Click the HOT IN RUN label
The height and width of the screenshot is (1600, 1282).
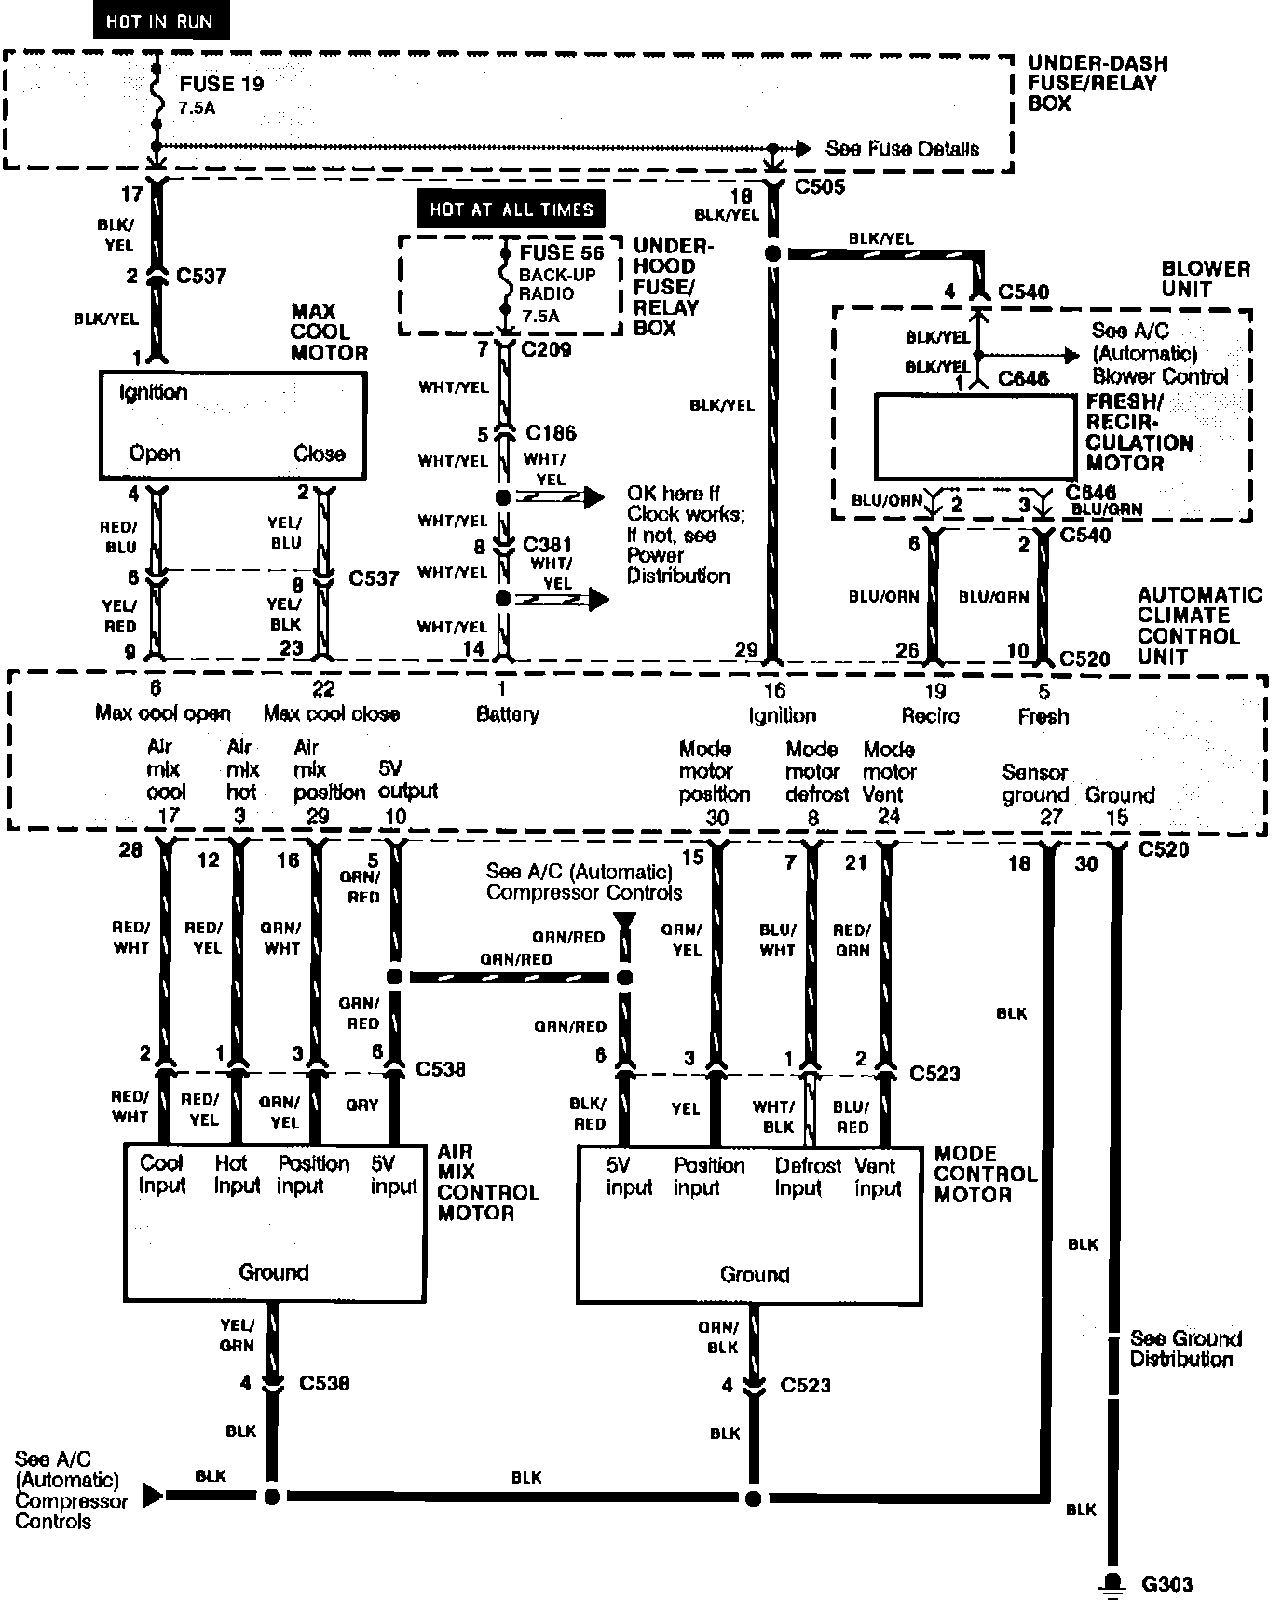point(159,21)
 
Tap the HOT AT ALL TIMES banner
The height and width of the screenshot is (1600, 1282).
point(511,210)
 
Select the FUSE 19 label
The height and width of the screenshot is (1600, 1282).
point(222,84)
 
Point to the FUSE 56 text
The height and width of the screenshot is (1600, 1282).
point(562,252)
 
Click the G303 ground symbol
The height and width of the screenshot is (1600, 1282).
point(1111,1582)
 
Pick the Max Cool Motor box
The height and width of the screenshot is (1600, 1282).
point(232,425)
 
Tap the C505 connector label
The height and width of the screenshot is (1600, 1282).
point(820,187)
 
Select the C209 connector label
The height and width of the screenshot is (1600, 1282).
point(547,350)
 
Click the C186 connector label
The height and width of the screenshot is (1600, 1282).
point(551,433)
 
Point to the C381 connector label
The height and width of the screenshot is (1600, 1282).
point(547,545)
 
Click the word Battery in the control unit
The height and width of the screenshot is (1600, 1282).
point(508,714)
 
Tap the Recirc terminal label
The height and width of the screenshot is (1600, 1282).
point(930,715)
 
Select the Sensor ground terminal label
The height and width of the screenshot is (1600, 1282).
point(1035,783)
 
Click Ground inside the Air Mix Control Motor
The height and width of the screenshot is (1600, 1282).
point(273,1272)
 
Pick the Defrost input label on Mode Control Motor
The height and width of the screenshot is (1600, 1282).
point(807,1176)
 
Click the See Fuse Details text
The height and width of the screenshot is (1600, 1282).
point(902,149)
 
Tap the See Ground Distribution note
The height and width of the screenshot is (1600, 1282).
point(1185,1349)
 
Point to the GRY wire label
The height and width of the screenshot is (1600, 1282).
point(361,1105)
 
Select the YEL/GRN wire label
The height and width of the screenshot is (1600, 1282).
point(237,1335)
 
